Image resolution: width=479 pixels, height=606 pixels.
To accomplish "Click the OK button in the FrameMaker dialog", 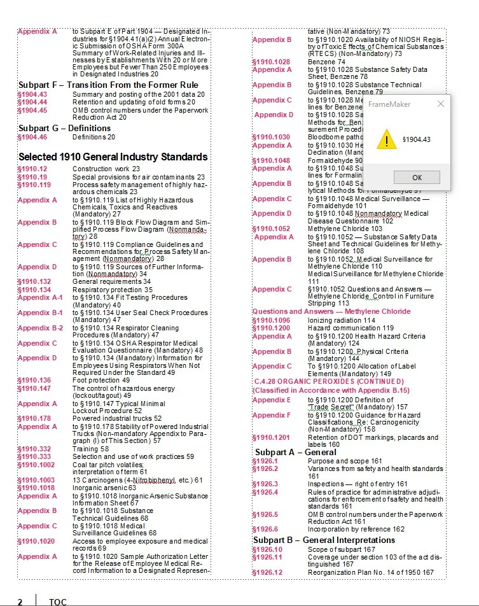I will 417,177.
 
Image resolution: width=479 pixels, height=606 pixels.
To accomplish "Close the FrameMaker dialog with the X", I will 441,104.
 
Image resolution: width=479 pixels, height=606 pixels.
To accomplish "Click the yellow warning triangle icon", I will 386,139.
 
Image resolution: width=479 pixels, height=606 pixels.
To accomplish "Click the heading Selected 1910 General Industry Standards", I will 113,157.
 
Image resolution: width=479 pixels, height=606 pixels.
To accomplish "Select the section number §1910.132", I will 34,281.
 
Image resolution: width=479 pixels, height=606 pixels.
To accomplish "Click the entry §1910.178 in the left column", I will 34,419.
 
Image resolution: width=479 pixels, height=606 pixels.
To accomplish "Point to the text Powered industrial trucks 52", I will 108,419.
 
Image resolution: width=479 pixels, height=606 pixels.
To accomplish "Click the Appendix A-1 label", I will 40,297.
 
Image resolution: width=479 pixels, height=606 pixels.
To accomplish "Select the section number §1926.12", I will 267,572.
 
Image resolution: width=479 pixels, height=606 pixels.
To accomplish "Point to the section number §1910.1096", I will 271,320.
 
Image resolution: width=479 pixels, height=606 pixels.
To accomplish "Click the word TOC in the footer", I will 58,602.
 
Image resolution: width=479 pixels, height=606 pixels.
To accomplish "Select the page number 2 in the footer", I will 20,602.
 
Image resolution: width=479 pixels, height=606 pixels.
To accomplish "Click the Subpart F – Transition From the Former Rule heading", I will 108,85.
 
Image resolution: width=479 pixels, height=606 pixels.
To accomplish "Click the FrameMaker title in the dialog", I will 389,104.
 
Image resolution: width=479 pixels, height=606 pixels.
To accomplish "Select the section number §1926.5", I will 265,514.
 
